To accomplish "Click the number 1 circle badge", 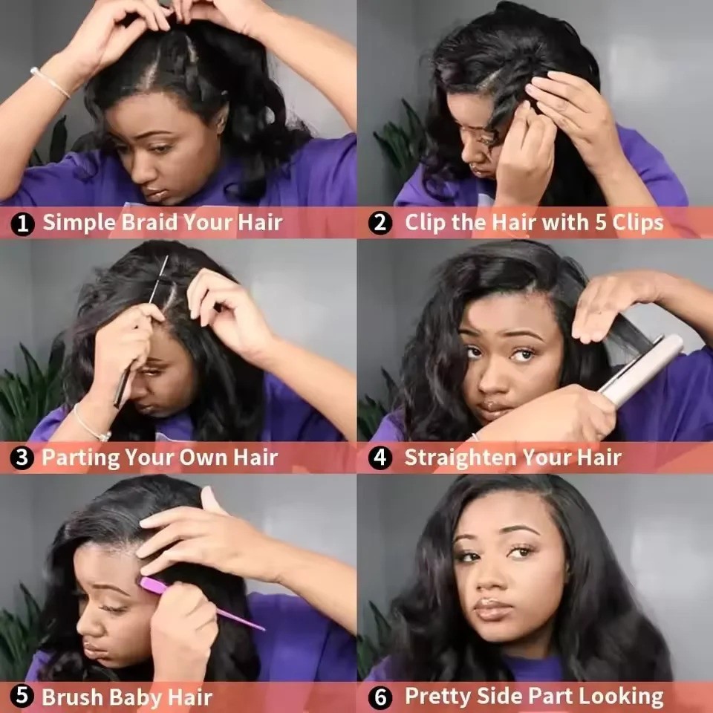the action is tap(22, 224).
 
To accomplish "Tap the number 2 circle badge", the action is tap(380, 223).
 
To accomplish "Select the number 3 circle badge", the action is tap(22, 458).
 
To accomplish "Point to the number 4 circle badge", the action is tap(380, 458).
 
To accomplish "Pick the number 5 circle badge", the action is tap(22, 696).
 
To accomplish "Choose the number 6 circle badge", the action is tap(380, 697).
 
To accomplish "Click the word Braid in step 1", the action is tap(149, 222).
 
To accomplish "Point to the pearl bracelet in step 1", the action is tap(50, 82).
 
